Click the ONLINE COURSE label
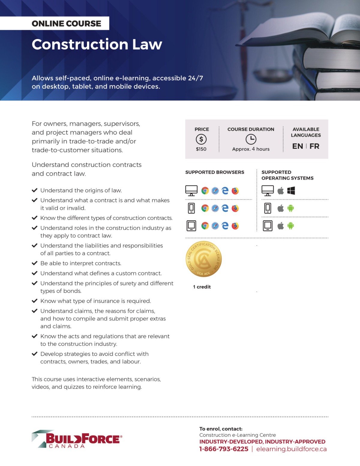point(66,23)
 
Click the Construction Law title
point(97,44)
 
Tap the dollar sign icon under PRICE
point(201,139)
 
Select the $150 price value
point(201,149)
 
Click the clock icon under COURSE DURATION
point(251,139)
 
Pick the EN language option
point(297,146)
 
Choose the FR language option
point(314,146)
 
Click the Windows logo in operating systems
point(291,191)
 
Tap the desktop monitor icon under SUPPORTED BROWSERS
point(191,191)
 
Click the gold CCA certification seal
point(204,259)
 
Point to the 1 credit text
point(202,287)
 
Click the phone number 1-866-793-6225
point(224,449)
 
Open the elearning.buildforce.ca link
point(291,449)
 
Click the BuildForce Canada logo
point(77,439)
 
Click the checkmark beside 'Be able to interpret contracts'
point(34,263)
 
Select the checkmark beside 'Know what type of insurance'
point(34,301)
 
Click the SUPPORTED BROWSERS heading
point(215,172)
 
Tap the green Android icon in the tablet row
point(291,226)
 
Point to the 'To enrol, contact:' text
point(221,429)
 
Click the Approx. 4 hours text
point(251,149)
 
